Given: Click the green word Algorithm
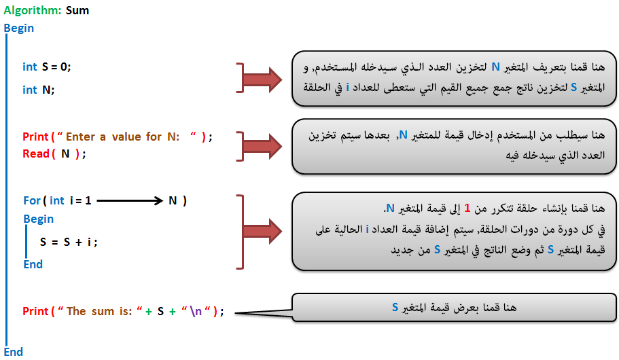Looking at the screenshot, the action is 33,11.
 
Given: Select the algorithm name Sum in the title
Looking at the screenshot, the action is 77,10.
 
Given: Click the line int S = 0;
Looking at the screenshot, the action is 47,67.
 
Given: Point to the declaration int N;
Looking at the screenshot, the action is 38,90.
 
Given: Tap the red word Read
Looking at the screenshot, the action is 36,154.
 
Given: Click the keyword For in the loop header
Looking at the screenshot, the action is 32,200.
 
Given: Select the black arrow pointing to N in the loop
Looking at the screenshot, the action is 130,200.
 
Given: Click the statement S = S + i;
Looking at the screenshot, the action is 69,242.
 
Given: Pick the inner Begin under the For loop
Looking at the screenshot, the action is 38,219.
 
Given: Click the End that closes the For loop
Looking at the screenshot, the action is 33,264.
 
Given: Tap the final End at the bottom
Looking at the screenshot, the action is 14,352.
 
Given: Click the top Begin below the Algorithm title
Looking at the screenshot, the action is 19,28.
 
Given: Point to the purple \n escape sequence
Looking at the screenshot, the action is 196,312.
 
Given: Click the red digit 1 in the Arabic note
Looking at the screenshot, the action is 467,208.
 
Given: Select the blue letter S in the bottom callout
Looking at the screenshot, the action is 395,307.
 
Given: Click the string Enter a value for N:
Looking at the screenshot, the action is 122,137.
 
